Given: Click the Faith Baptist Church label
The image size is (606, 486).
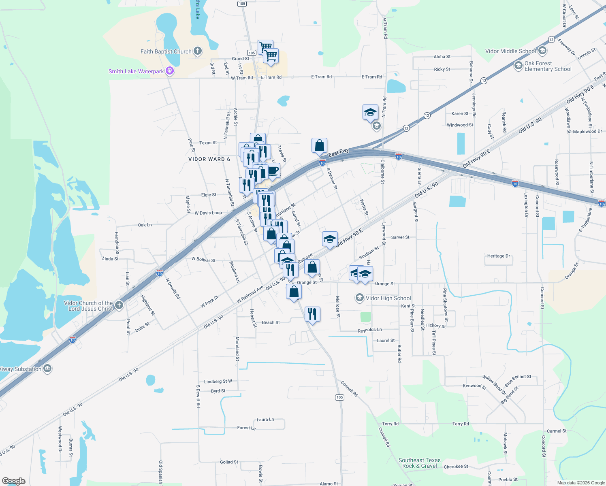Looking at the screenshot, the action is click(166, 51).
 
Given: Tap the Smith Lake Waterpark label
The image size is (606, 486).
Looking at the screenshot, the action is click(136, 71).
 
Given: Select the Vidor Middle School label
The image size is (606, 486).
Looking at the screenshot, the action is click(510, 51).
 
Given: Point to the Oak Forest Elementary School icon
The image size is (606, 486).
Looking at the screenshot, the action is click(518, 66).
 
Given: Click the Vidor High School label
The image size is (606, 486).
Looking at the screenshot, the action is click(388, 298).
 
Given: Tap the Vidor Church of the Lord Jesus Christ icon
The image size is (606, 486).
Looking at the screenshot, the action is click(119, 305).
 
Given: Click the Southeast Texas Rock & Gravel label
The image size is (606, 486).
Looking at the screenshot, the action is click(419, 463).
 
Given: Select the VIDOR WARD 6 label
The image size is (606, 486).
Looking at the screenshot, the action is click(209, 159).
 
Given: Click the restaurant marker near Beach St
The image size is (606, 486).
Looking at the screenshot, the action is click(312, 314).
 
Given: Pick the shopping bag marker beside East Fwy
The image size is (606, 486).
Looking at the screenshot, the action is click(319, 145).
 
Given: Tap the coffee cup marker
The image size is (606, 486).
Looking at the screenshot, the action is click(273, 170).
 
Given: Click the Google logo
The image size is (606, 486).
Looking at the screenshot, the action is click(14, 481).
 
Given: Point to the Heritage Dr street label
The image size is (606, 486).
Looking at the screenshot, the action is click(498, 256).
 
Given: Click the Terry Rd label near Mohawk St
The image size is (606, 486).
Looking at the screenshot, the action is click(461, 424).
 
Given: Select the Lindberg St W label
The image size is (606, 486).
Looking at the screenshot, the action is click(218, 381).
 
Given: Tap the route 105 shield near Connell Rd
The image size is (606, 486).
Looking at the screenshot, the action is click(339, 397).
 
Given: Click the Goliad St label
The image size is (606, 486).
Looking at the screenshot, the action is click(229, 462).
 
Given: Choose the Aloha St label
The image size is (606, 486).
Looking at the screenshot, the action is click(442, 57).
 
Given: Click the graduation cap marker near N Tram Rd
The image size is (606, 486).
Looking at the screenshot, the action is click(370, 112).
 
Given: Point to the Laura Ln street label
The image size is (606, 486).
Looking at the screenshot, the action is click(265, 420).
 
